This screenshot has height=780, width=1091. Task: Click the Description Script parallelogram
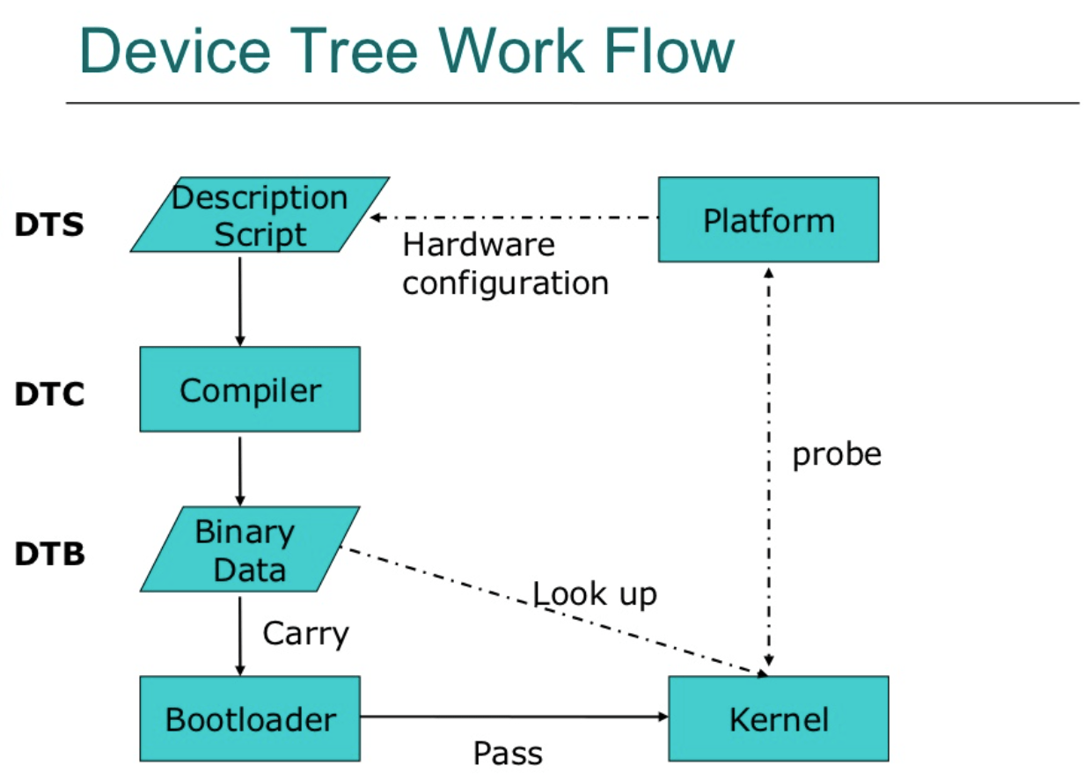click(x=260, y=215)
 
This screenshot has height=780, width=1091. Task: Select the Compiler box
click(x=250, y=389)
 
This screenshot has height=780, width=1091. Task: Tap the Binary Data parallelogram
click(x=250, y=549)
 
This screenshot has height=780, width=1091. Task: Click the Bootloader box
click(x=250, y=718)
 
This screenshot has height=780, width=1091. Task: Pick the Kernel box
click(x=779, y=718)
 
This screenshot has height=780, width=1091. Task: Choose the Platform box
click(x=768, y=219)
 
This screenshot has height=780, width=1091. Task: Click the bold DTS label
click(x=49, y=225)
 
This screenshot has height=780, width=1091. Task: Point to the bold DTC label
click(x=49, y=395)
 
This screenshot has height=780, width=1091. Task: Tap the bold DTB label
click(x=49, y=555)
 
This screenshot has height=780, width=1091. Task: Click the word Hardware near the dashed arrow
click(x=479, y=245)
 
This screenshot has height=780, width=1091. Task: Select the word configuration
click(x=506, y=283)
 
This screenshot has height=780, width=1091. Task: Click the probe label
click(x=837, y=454)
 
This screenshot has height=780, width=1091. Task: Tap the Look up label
click(x=595, y=594)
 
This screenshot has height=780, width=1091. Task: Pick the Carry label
click(x=305, y=634)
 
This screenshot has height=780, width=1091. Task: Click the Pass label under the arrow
click(x=508, y=754)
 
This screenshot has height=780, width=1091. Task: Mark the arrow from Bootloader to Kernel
click(x=514, y=717)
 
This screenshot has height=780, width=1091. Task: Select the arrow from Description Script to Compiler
click(x=240, y=299)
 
